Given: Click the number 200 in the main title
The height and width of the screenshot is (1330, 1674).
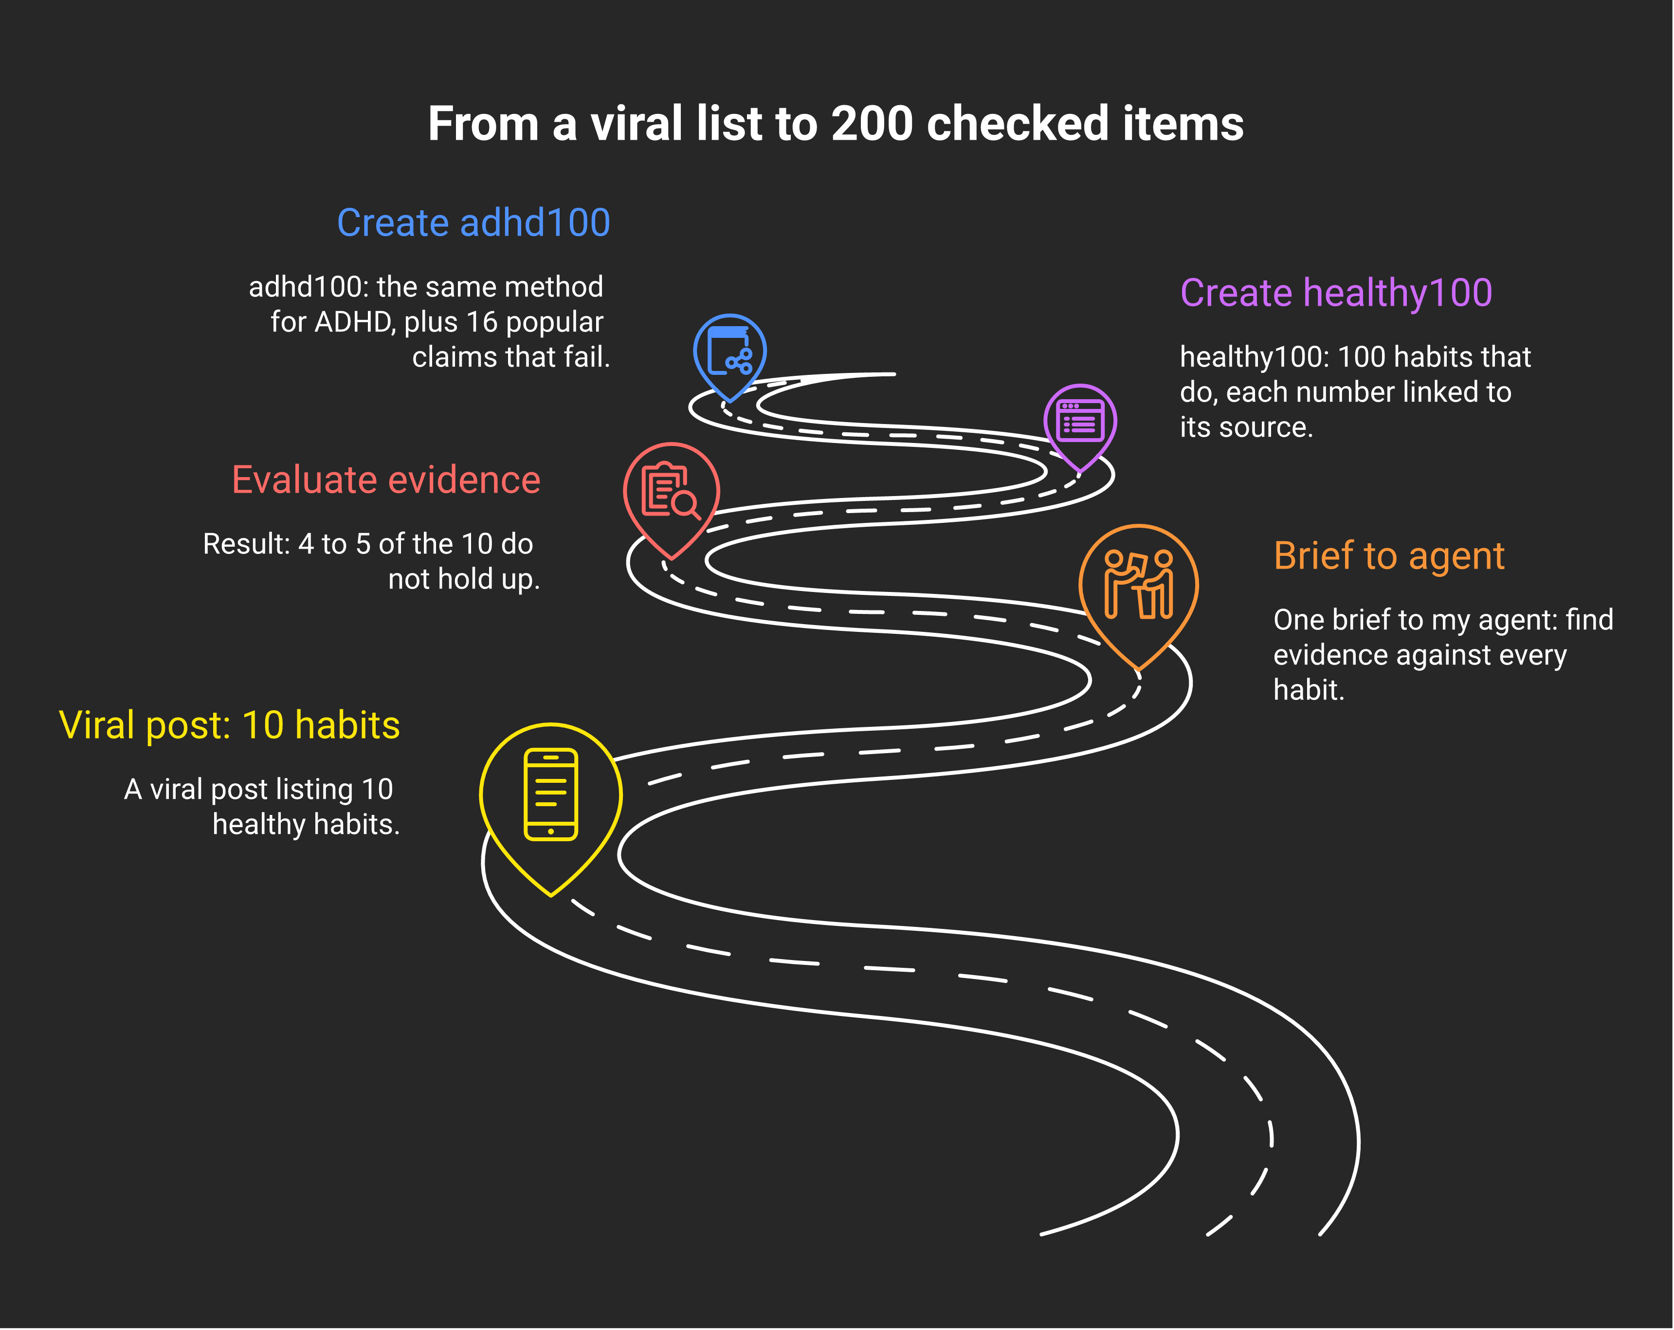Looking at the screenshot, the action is (871, 124).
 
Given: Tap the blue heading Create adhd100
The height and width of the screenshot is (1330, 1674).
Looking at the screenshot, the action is (473, 223).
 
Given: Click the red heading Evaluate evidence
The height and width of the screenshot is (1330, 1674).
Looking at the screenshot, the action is (386, 480).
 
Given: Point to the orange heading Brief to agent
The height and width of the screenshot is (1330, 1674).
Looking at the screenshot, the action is (1389, 556).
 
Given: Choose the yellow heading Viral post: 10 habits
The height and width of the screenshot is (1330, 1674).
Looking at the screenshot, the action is (229, 725).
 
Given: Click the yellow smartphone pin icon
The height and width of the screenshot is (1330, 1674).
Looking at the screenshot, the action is (550, 808).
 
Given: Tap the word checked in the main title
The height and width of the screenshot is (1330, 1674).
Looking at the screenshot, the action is (1017, 124).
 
